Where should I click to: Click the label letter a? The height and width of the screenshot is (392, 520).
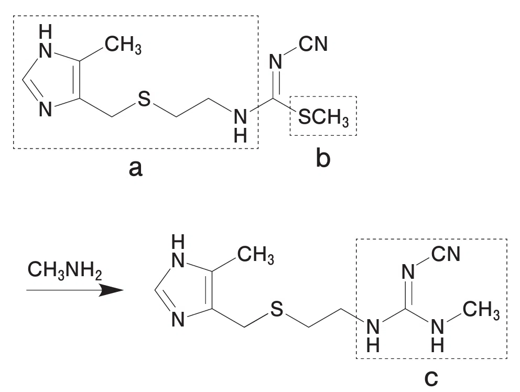[x=136, y=168]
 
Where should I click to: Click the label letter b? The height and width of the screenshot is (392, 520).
[x=323, y=157]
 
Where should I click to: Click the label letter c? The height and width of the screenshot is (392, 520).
[x=431, y=378]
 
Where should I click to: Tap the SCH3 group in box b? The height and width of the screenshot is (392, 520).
[x=323, y=117]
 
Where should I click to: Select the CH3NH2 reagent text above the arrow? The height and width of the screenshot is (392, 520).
[x=64, y=270]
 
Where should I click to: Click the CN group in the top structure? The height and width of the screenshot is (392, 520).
[x=313, y=43]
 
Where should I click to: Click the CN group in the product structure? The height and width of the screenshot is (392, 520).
[x=446, y=254]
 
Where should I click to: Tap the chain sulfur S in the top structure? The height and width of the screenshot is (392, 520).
[x=144, y=99]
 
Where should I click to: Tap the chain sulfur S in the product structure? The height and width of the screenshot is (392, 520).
[x=277, y=309]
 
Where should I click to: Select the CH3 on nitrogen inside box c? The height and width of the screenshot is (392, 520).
[x=481, y=310]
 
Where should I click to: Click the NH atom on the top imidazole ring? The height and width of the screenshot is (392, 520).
[x=46, y=42]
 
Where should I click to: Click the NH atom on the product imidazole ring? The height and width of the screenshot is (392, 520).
[x=178, y=253]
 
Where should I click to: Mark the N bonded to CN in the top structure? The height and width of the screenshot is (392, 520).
[x=275, y=62]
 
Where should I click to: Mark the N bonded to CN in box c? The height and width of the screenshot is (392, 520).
[x=408, y=272]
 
